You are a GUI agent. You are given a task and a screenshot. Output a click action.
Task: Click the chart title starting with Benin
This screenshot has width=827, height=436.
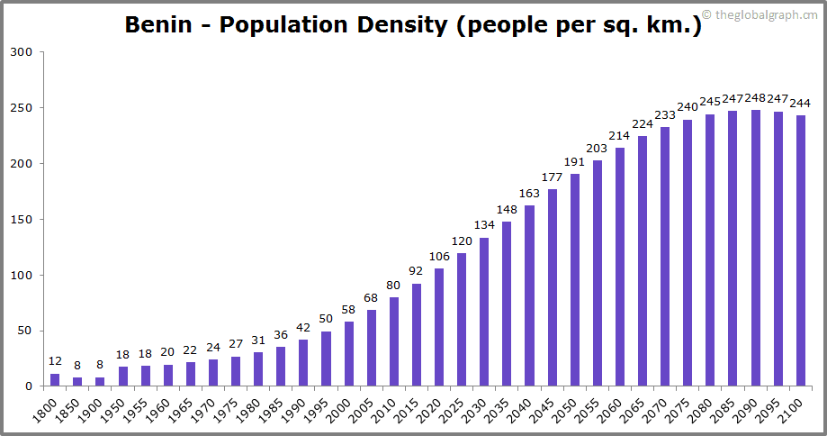[x=413, y=24]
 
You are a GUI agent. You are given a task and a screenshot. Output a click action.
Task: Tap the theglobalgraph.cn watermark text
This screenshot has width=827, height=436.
[x=767, y=14]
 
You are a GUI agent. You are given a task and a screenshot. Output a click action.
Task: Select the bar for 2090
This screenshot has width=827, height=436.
[x=755, y=248]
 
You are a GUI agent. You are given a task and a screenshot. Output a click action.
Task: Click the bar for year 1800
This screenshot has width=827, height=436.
[x=55, y=380]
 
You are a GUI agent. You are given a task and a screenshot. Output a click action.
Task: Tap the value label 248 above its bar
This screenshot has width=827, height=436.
[x=755, y=97]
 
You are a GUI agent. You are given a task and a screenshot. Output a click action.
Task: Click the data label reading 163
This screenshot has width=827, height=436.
[x=529, y=193]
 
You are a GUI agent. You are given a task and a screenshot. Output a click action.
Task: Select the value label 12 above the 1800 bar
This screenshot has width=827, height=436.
[x=55, y=361]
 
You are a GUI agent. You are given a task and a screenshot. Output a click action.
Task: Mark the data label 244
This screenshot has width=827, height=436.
[x=800, y=102]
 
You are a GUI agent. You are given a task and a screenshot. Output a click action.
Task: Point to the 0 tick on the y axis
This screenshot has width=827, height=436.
[x=29, y=386]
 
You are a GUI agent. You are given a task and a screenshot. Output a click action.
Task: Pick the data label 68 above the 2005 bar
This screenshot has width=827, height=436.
[x=372, y=297]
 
